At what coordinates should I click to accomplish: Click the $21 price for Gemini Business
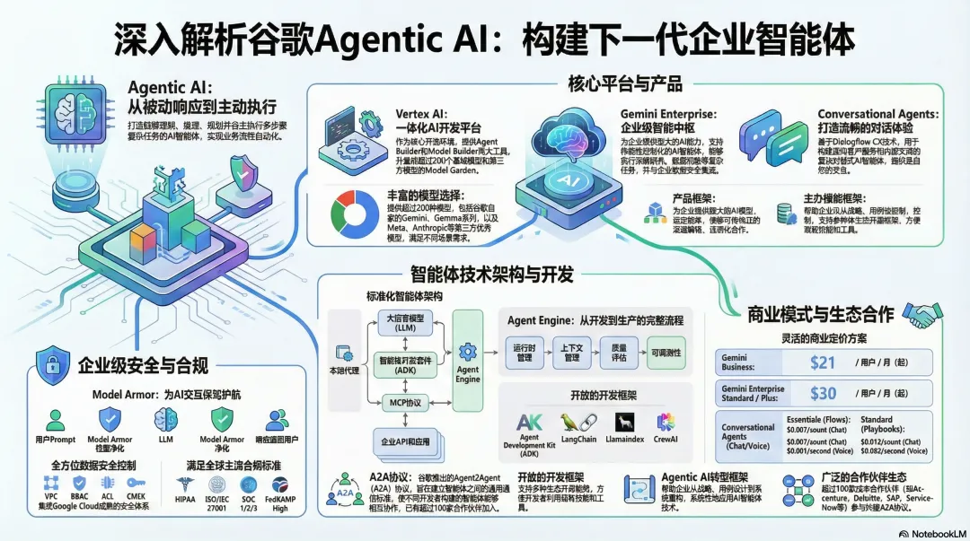pyautogui.click(x=822, y=362)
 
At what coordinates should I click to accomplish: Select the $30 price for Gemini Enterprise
pyautogui.click(x=822, y=394)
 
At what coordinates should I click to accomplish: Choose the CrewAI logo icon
pyautogui.click(x=666, y=421)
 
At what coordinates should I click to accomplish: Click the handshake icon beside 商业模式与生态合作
pyautogui.click(x=921, y=313)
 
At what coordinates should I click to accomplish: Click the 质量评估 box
pyautogui.click(x=620, y=353)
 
